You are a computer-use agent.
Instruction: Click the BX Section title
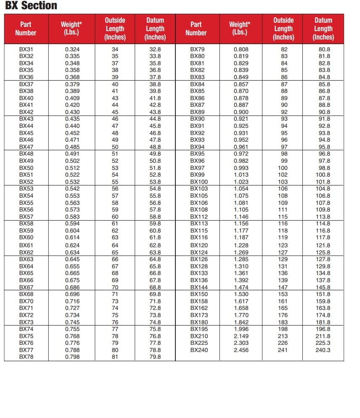[x=31, y=6]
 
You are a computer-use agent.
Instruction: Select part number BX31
[x=26, y=49]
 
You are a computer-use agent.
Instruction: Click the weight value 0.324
[x=72, y=49]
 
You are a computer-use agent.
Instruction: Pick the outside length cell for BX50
[x=115, y=168]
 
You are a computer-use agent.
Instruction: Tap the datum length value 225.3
[x=323, y=343]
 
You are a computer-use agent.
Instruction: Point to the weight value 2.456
[x=241, y=350]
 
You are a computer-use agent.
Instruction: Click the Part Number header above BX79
[x=196, y=29]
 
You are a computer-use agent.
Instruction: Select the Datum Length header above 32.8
[x=155, y=29]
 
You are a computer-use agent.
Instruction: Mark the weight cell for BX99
[x=241, y=175]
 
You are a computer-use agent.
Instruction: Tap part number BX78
[x=26, y=357]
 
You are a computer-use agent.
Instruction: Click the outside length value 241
[x=283, y=350]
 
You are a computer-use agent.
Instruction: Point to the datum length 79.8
[x=155, y=357]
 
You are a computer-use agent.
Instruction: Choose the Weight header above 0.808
[x=239, y=29]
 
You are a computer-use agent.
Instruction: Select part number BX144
[x=199, y=287]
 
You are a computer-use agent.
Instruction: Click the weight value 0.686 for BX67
[x=72, y=287]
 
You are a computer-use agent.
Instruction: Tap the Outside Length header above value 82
[x=283, y=29]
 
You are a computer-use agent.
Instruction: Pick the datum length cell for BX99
[x=323, y=175]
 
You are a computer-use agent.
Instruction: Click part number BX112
[x=199, y=217]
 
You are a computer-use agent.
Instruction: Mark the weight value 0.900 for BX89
[x=241, y=112]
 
